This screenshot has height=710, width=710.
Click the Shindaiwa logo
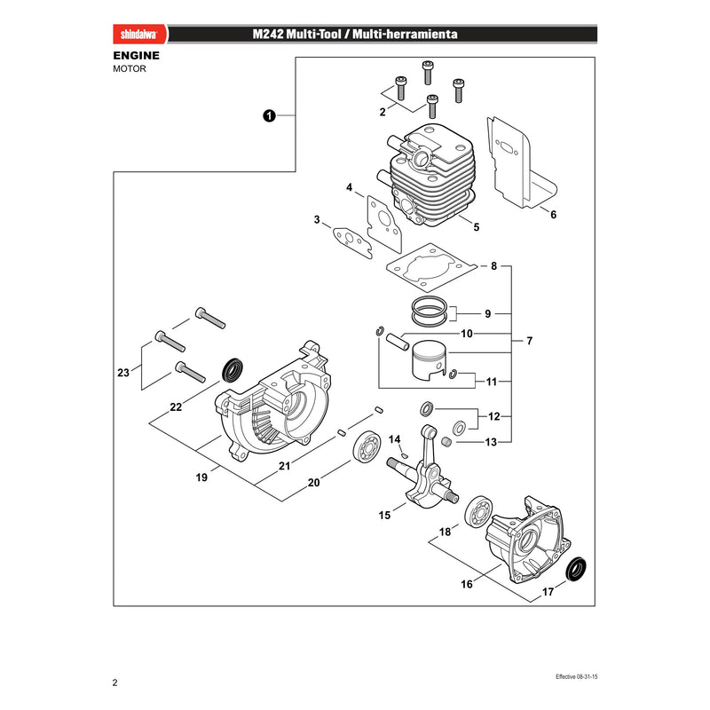coord(139,35)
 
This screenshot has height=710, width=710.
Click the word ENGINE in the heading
coord(137,56)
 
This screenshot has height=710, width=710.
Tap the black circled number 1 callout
coord(269,116)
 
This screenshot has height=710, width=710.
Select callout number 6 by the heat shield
coord(553,215)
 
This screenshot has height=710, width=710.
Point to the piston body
coord(429,360)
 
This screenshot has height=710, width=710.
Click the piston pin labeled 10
coord(397,342)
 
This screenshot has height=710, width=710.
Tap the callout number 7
coord(529,341)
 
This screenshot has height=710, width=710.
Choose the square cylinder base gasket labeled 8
coord(431,267)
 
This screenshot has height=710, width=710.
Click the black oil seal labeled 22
coord(233,370)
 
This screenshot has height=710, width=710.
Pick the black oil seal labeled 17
coord(576,569)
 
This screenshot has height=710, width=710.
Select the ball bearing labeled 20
coord(367,447)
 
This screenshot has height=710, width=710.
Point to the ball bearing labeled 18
coord(479,513)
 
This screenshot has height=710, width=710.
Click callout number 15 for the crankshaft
coord(384,516)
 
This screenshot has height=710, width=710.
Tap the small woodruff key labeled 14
coord(406,454)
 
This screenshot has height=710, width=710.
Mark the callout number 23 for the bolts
coord(123,373)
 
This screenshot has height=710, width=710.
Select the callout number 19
coord(201,477)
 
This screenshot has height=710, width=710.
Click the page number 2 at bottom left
coord(115,682)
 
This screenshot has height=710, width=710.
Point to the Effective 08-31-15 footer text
coord(576,676)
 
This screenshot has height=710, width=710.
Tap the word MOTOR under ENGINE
coord(130,69)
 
